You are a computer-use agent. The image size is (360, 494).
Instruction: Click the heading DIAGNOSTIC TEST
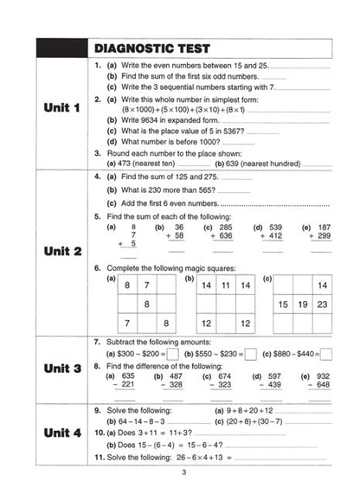coord(156,48)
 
